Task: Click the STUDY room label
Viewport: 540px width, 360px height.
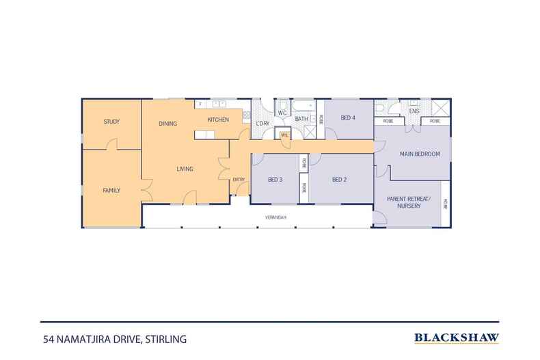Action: [x=111, y=122]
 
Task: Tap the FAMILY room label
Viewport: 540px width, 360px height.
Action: [x=111, y=190]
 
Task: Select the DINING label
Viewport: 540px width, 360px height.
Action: [x=168, y=123]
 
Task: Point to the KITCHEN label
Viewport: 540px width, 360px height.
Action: [x=218, y=120]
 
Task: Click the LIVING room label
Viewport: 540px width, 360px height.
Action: [x=185, y=169]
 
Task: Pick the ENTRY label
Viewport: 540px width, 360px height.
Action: [x=239, y=179]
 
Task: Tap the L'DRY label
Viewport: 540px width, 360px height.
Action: [x=262, y=123]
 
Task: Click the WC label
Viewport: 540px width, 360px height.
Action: [x=282, y=113]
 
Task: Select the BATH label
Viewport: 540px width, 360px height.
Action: [x=301, y=119]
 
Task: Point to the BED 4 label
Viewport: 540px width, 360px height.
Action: [x=348, y=117]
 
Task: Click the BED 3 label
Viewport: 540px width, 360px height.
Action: [x=275, y=179]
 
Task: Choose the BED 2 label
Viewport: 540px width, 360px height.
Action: [x=339, y=179]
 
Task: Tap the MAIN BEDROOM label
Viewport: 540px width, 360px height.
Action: [x=420, y=154]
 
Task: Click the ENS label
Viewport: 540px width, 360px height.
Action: [x=414, y=111]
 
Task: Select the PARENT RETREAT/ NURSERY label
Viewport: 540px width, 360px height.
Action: [x=409, y=202]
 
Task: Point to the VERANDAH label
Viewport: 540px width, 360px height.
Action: [x=275, y=217]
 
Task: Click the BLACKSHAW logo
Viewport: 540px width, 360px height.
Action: [x=457, y=338]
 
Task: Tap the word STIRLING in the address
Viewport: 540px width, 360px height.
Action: [x=165, y=340]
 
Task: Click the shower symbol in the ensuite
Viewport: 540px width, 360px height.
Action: [x=441, y=108]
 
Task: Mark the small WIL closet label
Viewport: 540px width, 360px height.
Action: [x=284, y=135]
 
